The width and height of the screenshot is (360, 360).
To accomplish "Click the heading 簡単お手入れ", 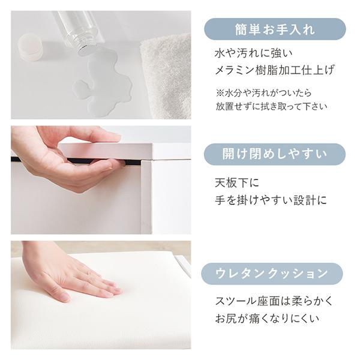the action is click(x=275, y=30).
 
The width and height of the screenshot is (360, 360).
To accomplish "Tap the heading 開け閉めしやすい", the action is click(x=275, y=154).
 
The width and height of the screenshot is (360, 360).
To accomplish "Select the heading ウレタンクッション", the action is click(x=272, y=274).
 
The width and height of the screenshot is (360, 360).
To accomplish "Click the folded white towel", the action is click(x=166, y=76).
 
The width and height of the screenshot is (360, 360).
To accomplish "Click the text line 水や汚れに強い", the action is click(x=254, y=53).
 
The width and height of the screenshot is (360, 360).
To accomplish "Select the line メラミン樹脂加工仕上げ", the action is click(x=275, y=70).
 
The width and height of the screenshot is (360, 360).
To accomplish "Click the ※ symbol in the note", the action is click(x=220, y=93).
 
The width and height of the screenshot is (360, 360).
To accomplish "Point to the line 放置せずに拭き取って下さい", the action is click(x=271, y=106).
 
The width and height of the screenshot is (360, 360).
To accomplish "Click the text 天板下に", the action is click(x=237, y=183).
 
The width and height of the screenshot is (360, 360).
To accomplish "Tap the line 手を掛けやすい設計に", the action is click(x=271, y=200).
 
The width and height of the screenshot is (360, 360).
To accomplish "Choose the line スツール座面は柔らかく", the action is click(x=274, y=301).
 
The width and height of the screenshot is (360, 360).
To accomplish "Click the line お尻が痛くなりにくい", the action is click(x=267, y=319).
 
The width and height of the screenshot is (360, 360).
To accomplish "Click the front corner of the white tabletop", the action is click(x=152, y=144).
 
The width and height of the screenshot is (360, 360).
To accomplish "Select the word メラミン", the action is click(x=235, y=70).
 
